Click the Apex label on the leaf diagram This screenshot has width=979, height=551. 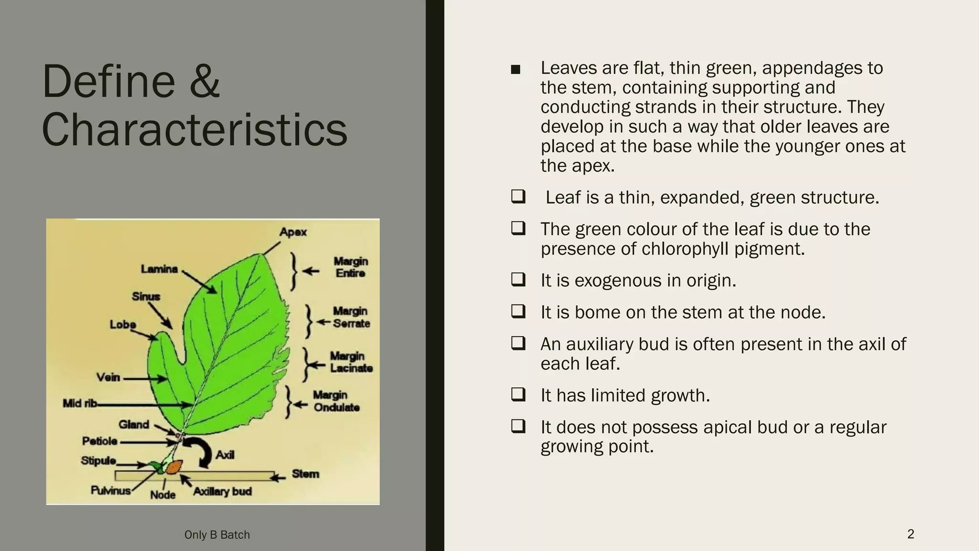pyautogui.click(x=293, y=232)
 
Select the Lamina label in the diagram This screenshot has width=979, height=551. pyautogui.click(x=159, y=269)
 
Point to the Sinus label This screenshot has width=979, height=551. pyautogui.click(x=146, y=297)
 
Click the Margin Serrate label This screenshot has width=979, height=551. pyautogui.click(x=351, y=317)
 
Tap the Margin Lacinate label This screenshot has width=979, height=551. pyautogui.click(x=350, y=362)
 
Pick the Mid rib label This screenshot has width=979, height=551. pyautogui.click(x=79, y=404)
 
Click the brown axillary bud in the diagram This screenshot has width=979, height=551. pyautogui.click(x=174, y=466)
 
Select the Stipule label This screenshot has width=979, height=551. pyautogui.click(x=98, y=461)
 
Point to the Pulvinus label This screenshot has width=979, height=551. pyautogui.click(x=110, y=491)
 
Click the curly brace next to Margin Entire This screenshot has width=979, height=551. pyautogui.click(x=294, y=271)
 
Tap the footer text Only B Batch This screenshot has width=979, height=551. pyautogui.click(x=217, y=535)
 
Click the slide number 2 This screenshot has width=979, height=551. pyautogui.click(x=910, y=534)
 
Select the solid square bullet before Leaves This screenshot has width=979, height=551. pyautogui.click(x=515, y=70)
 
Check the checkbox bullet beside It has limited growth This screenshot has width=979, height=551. pyautogui.click(x=518, y=395)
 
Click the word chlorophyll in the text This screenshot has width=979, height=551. pyautogui.click(x=685, y=249)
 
